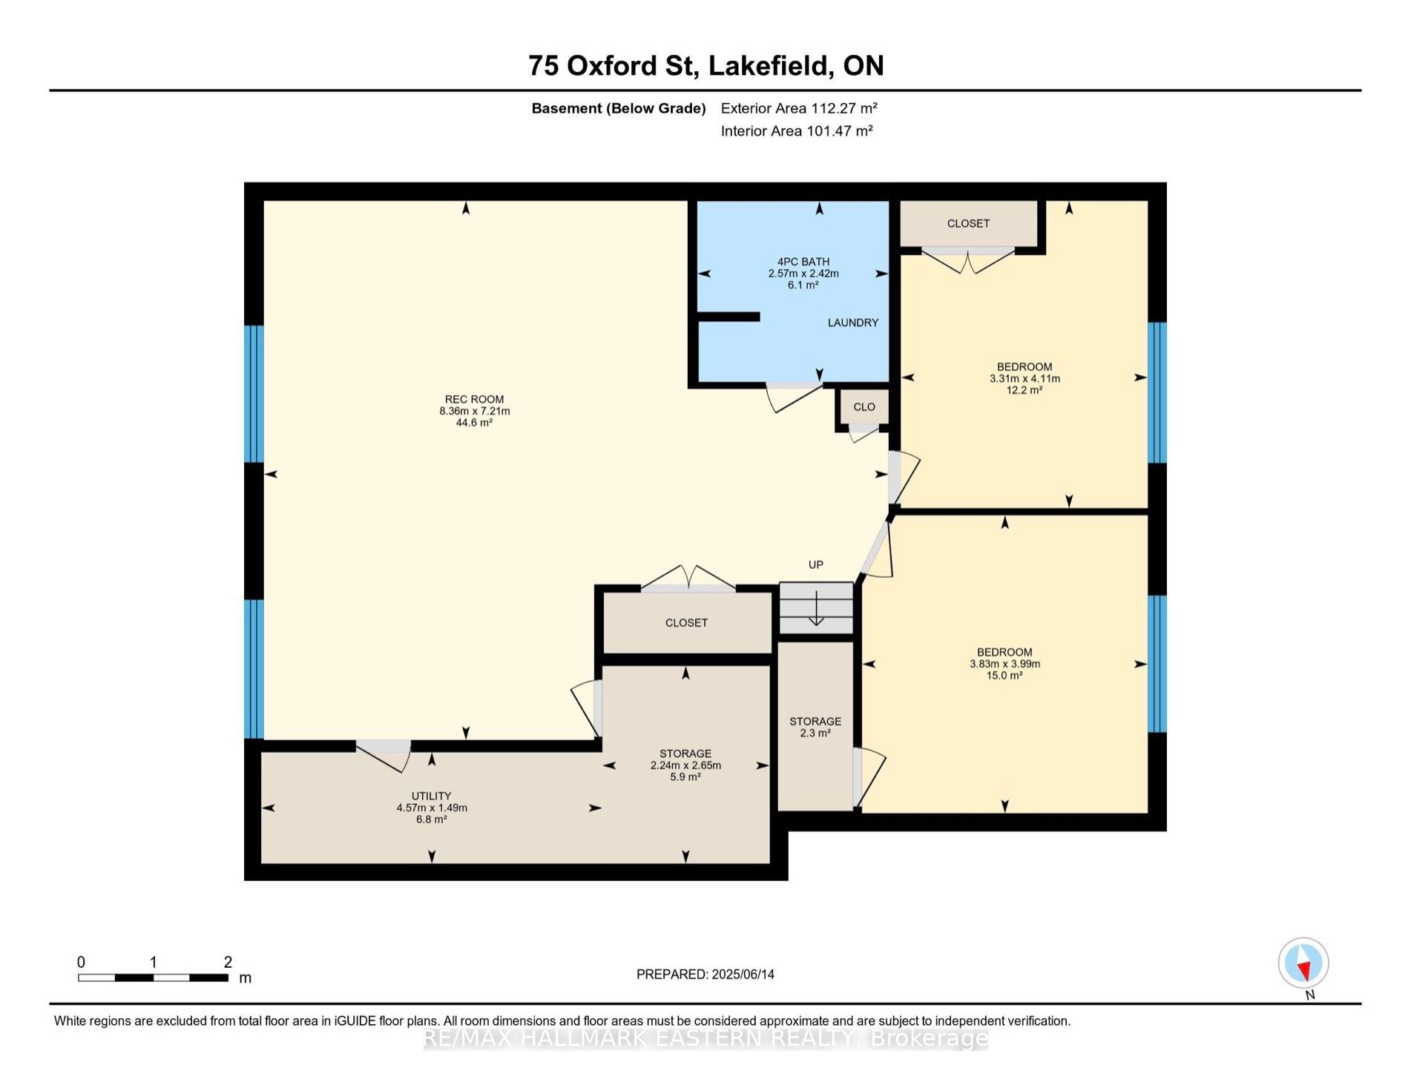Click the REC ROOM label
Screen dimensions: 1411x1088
click(x=474, y=399)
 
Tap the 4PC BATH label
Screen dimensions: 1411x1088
click(x=803, y=262)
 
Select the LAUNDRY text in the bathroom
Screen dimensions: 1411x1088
click(x=853, y=323)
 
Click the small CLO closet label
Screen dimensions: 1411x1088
click(x=864, y=407)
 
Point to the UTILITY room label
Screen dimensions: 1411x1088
click(x=432, y=796)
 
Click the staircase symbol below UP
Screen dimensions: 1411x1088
click(x=816, y=608)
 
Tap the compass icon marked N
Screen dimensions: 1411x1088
click(x=1303, y=963)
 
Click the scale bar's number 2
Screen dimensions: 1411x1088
click(x=228, y=962)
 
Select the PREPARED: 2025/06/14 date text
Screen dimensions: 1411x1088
click(x=705, y=975)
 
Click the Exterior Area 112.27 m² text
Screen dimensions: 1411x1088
click(x=800, y=108)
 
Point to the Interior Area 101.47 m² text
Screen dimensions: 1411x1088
click(x=797, y=131)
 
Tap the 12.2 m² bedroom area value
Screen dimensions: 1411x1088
click(x=1024, y=390)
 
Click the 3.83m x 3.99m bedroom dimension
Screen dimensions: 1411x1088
click(x=1005, y=664)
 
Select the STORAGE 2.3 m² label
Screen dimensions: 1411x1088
click(x=815, y=727)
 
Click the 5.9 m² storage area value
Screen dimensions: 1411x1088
click(x=685, y=777)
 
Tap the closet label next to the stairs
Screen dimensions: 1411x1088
click(x=686, y=623)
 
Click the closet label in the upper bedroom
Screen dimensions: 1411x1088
click(x=968, y=223)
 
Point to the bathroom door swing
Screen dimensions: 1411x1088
click(x=794, y=398)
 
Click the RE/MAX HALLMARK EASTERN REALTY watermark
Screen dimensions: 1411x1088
click(x=705, y=1038)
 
